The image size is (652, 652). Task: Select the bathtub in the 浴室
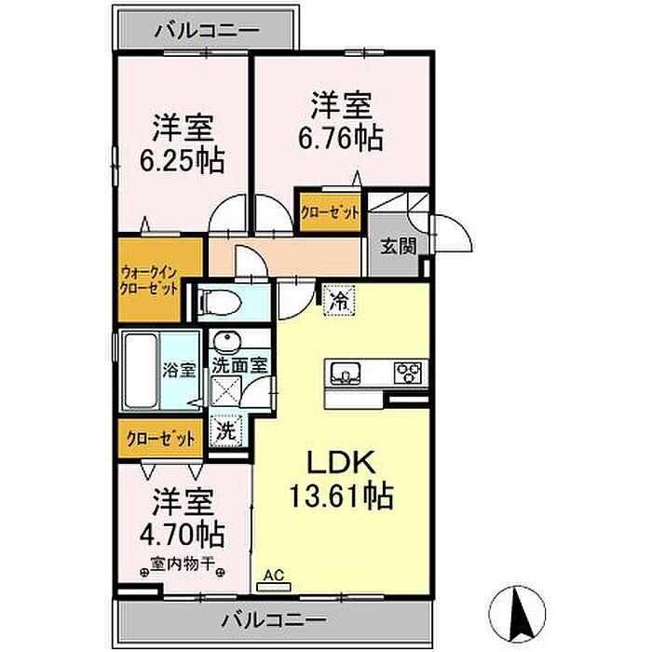(x=141, y=371)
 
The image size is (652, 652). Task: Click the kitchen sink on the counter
(x=346, y=373)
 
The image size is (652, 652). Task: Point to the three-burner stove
(x=408, y=373)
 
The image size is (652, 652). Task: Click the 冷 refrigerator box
(x=339, y=301)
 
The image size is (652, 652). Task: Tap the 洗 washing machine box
(x=226, y=431)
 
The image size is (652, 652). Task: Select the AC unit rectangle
(x=274, y=587)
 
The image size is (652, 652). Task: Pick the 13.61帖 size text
(x=341, y=495)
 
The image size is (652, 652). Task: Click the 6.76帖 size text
(x=341, y=138)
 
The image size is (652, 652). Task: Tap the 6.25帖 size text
(x=183, y=160)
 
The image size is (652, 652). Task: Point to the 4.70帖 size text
(x=183, y=534)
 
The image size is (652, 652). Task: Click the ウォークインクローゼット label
(x=149, y=281)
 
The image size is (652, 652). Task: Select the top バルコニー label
(x=207, y=31)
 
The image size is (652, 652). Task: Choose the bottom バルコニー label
(x=274, y=620)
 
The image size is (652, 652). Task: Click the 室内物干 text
(x=183, y=564)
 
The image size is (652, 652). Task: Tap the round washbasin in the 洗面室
(x=227, y=342)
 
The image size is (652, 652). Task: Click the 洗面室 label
(x=239, y=365)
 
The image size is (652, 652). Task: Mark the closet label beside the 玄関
(x=330, y=213)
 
